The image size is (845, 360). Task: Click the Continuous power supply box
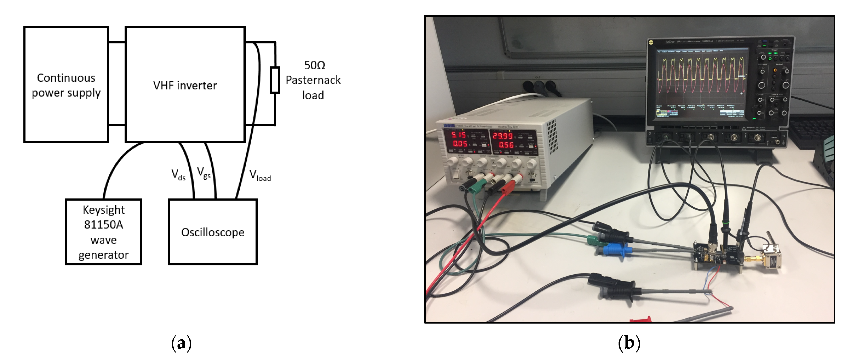[66, 85]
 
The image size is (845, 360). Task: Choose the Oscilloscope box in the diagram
[213, 232]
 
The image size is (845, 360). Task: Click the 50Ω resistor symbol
[275, 80]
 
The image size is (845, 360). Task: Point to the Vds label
[178, 175]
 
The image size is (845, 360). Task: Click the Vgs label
[204, 173]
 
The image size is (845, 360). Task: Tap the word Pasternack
[313, 80]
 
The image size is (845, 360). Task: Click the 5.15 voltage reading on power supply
[458, 135]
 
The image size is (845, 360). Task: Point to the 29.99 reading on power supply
[503, 136]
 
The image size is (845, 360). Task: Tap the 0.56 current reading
[506, 145]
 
